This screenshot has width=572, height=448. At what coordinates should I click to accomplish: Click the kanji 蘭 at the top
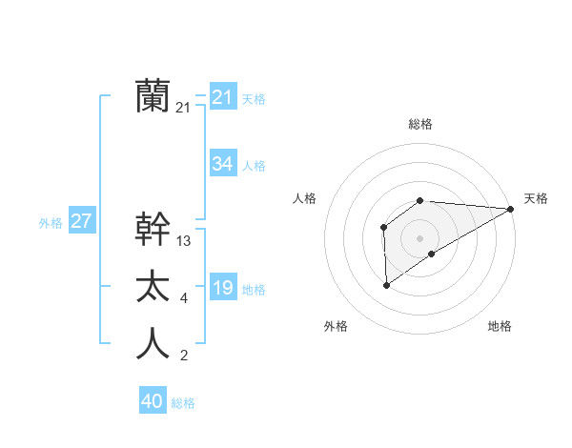153,96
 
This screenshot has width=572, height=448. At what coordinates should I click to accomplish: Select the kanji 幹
153,229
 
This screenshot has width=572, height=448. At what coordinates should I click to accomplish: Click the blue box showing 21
222,96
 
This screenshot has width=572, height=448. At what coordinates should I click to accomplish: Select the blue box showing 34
222,164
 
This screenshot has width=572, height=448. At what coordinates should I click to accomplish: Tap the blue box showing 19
222,288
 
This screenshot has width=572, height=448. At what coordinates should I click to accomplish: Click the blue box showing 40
153,401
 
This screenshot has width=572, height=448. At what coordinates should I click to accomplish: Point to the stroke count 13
184,241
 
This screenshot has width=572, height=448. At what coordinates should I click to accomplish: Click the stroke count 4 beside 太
183,299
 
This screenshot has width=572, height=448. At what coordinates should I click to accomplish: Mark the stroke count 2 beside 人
183,356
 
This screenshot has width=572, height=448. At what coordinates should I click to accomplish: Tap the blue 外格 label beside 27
51,223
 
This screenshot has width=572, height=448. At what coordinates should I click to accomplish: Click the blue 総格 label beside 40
183,403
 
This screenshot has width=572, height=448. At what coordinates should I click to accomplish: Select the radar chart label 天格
536,198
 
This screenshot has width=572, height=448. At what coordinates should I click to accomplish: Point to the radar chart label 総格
419,124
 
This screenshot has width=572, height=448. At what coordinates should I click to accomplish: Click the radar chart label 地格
500,326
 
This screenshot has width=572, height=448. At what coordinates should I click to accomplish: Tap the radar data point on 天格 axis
511,209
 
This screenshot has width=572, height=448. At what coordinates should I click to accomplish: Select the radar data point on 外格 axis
386,284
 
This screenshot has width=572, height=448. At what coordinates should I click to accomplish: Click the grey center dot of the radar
419,237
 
